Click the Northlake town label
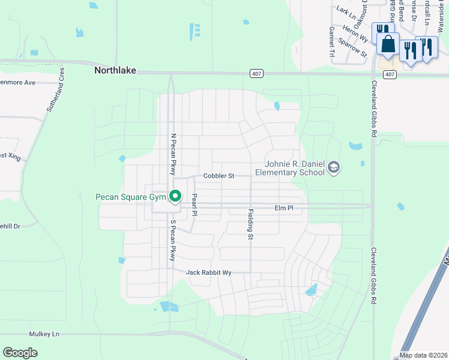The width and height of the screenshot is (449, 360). (x=115, y=70)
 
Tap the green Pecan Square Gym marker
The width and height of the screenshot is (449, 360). (x=175, y=196)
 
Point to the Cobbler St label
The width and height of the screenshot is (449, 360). (x=218, y=176)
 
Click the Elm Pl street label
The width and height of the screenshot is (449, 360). (x=284, y=208)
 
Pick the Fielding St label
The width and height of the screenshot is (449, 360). (x=250, y=224)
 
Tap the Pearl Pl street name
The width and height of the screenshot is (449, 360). (x=194, y=205)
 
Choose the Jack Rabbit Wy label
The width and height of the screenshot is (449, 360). (x=208, y=272)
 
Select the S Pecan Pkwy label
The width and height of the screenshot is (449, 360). (x=173, y=241)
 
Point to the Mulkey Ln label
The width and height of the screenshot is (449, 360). (x=44, y=334)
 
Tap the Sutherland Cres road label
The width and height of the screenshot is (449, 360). (x=56, y=90)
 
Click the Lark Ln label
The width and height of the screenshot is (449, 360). (x=345, y=10)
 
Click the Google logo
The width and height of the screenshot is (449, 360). (x=20, y=353)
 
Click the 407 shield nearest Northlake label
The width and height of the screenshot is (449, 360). (x=255, y=73)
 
